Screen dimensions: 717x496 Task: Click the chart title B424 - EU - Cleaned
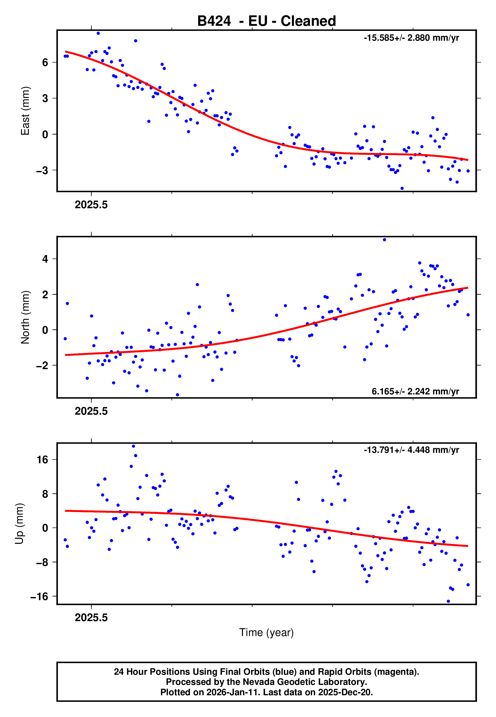(x=266, y=21)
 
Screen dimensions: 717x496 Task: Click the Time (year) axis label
(x=266, y=632)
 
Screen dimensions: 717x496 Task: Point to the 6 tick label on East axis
(x=45, y=62)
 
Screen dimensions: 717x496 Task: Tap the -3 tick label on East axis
(x=42, y=170)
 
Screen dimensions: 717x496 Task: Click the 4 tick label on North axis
(x=45, y=259)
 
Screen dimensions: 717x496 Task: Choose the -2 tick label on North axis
(x=42, y=365)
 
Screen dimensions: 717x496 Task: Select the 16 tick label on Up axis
(x=42, y=459)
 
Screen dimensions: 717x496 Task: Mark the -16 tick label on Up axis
(x=39, y=596)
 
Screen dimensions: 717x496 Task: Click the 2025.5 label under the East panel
(x=91, y=205)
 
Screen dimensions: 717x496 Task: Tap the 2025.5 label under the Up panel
(x=91, y=618)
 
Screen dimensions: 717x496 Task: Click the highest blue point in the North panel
(x=385, y=240)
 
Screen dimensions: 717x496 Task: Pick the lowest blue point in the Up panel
(x=448, y=601)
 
